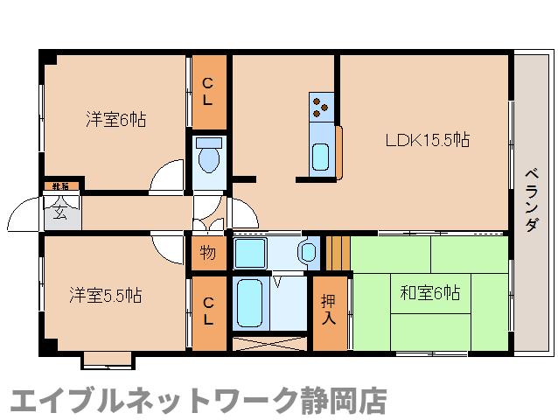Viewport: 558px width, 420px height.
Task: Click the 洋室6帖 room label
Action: click(115, 119)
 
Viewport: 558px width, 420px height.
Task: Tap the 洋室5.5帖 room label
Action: click(105, 295)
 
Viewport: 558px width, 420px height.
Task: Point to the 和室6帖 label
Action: click(429, 293)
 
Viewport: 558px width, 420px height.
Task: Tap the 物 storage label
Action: click(207, 253)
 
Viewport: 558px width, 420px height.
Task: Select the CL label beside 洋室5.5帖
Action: click(208, 311)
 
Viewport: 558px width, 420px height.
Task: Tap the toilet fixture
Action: click(208, 157)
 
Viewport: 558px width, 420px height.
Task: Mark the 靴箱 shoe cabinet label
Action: click(60, 186)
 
